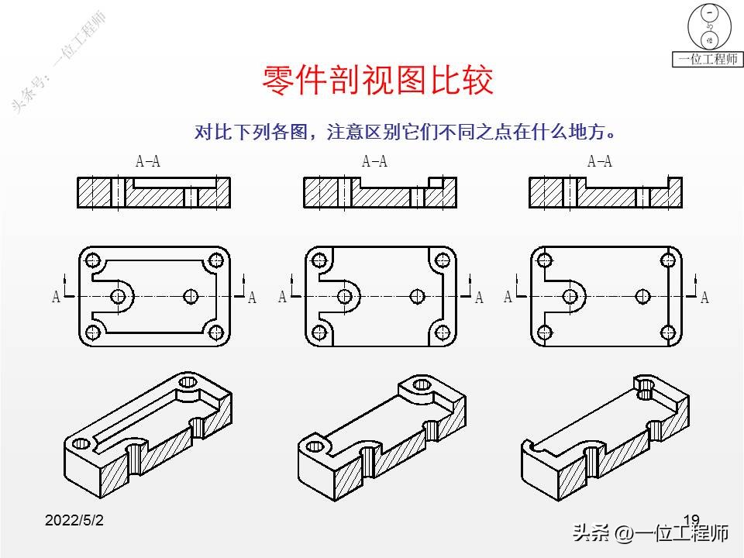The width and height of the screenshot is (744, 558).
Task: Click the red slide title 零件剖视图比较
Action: (378, 80)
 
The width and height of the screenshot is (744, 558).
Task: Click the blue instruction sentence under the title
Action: (407, 132)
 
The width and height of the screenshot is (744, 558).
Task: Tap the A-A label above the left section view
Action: (148, 162)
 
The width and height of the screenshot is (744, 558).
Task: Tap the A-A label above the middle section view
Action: (374, 162)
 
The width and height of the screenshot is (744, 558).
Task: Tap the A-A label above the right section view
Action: (600, 162)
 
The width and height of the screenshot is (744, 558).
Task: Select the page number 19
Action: (691, 520)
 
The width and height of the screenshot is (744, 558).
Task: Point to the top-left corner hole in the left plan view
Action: (94, 260)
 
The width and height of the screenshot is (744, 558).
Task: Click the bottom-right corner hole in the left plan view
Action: (216, 332)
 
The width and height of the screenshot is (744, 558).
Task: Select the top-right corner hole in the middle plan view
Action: (443, 260)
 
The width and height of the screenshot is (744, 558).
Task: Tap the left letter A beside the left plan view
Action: (57, 297)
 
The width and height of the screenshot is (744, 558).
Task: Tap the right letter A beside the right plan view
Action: (704, 298)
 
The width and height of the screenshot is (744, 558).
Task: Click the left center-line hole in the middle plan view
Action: (344, 296)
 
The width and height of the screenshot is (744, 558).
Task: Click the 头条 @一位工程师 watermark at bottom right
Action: (650, 533)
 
